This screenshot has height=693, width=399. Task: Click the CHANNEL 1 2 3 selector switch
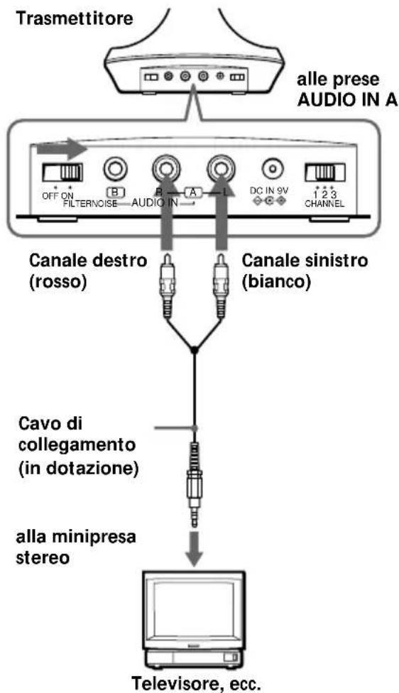(324, 172)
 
